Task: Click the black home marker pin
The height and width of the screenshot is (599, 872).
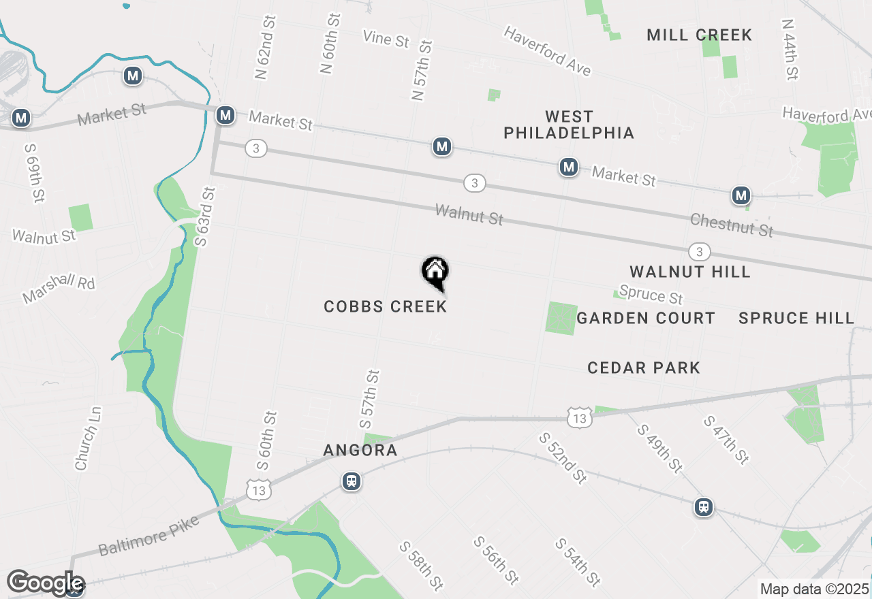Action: pyautogui.click(x=435, y=272)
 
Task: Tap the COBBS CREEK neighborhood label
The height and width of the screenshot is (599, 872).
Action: pyautogui.click(x=386, y=306)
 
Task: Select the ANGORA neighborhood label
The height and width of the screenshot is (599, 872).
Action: pyautogui.click(x=360, y=450)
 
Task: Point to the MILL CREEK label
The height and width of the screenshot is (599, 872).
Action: pyautogui.click(x=699, y=35)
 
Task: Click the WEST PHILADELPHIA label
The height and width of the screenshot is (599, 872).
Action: pyautogui.click(x=569, y=125)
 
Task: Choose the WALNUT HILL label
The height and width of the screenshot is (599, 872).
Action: pyautogui.click(x=689, y=272)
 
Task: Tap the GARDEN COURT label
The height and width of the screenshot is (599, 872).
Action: pyautogui.click(x=646, y=318)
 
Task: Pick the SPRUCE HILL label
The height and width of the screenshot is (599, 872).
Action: pyautogui.click(x=796, y=318)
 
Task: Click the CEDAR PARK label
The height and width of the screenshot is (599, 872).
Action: pyautogui.click(x=644, y=368)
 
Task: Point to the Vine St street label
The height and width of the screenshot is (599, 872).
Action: pyautogui.click(x=386, y=39)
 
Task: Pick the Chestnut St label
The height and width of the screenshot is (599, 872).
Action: pyautogui.click(x=732, y=225)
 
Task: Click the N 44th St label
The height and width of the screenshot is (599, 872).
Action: pyautogui.click(x=790, y=50)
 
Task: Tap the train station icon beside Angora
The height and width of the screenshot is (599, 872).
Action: pyautogui.click(x=351, y=481)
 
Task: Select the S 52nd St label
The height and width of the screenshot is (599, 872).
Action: pyautogui.click(x=563, y=457)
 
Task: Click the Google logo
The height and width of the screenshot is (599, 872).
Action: pyautogui.click(x=45, y=583)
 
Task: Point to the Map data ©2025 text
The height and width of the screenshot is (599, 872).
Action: pyautogui.click(x=815, y=589)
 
